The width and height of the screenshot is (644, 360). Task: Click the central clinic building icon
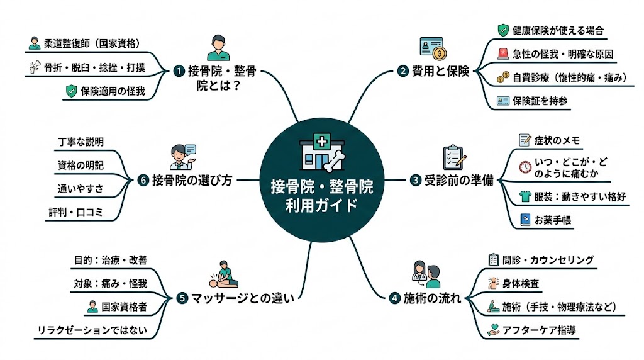pos(316,153)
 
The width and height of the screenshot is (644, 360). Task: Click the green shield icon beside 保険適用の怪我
pos(70,91)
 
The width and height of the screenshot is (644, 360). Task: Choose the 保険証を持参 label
pos(538,101)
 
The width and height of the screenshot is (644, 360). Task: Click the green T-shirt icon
pos(525,196)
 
